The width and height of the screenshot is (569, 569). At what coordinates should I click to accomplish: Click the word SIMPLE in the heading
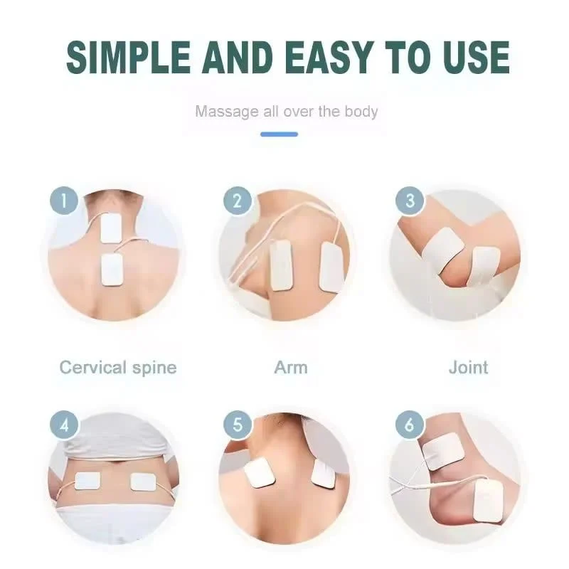(x=129, y=57)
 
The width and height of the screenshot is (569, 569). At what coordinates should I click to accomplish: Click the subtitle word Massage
(x=227, y=112)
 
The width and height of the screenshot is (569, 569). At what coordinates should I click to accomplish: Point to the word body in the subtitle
(x=361, y=112)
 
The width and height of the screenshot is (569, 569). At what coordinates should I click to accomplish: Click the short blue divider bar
(x=279, y=134)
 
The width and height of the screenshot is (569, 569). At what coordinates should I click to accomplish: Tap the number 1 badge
(x=64, y=201)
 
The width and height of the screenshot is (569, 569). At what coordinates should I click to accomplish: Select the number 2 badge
(x=238, y=201)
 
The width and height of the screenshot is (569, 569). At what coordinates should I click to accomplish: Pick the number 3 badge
(x=410, y=201)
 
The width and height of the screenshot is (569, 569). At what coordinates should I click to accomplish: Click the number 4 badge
(x=64, y=425)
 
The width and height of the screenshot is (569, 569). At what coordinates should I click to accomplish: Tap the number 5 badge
(x=238, y=425)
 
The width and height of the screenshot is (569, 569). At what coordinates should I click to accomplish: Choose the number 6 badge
(x=410, y=425)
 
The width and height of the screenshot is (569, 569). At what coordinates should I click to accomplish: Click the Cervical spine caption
(x=118, y=368)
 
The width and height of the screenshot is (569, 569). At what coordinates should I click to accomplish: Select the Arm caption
(x=291, y=367)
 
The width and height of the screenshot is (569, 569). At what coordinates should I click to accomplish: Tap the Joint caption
(x=468, y=367)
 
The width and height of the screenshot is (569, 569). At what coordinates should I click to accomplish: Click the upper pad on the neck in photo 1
(x=111, y=228)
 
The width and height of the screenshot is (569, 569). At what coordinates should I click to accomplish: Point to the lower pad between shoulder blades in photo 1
(x=112, y=270)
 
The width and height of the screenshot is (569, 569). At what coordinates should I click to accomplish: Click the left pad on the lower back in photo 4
(x=87, y=482)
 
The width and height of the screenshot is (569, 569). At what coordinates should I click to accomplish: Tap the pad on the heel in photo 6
(x=489, y=501)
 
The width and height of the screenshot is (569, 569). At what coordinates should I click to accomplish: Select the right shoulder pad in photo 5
(x=324, y=474)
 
